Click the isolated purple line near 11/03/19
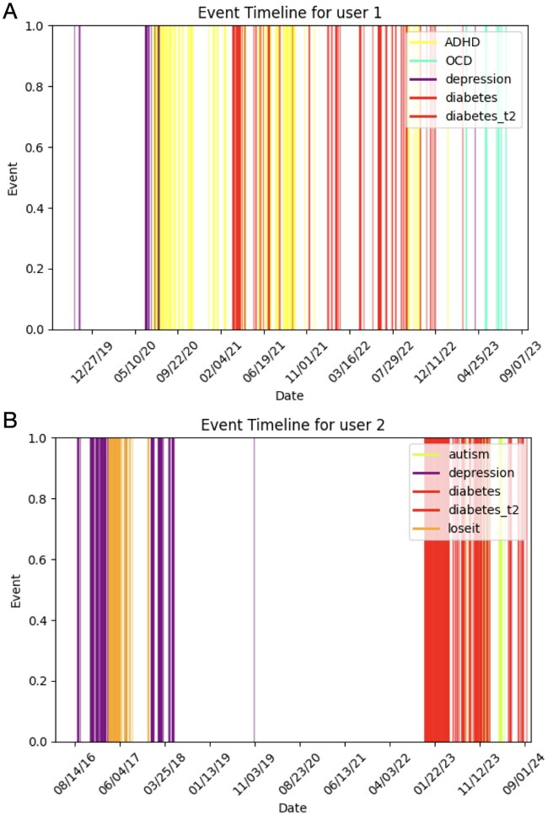255,590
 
